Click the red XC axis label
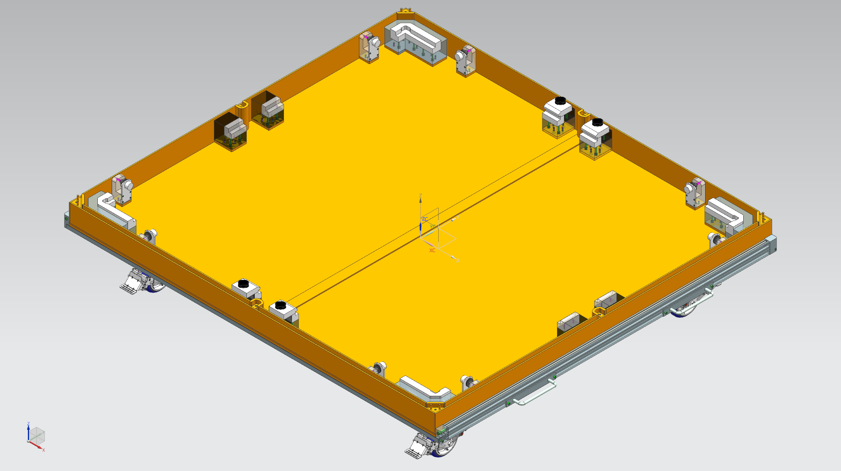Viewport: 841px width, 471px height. pos(432,250)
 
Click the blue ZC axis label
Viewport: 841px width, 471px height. pos(425,219)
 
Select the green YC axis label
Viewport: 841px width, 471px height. pos(433,227)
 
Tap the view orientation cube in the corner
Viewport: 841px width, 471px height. pos(37,437)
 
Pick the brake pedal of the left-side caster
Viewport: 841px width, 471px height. pos(128,287)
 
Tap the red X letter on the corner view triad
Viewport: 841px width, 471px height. pos(44,450)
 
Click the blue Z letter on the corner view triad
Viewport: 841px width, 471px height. pos(28,424)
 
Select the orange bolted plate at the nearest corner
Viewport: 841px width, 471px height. pos(435,406)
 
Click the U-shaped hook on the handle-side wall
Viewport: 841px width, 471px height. pos(599,312)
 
